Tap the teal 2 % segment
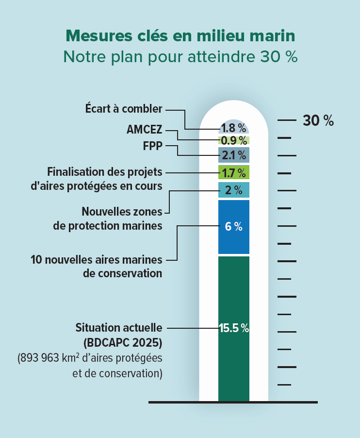234,190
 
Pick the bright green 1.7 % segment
234,172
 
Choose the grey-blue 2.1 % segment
234,155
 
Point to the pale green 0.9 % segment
234,141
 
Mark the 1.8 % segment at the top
234,128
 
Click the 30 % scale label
318,121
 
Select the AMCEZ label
144,130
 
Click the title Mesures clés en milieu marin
180,36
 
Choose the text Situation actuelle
118,328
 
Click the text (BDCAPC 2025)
122,343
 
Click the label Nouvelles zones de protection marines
121,219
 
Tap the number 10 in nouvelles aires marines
36,259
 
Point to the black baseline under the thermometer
233,402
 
